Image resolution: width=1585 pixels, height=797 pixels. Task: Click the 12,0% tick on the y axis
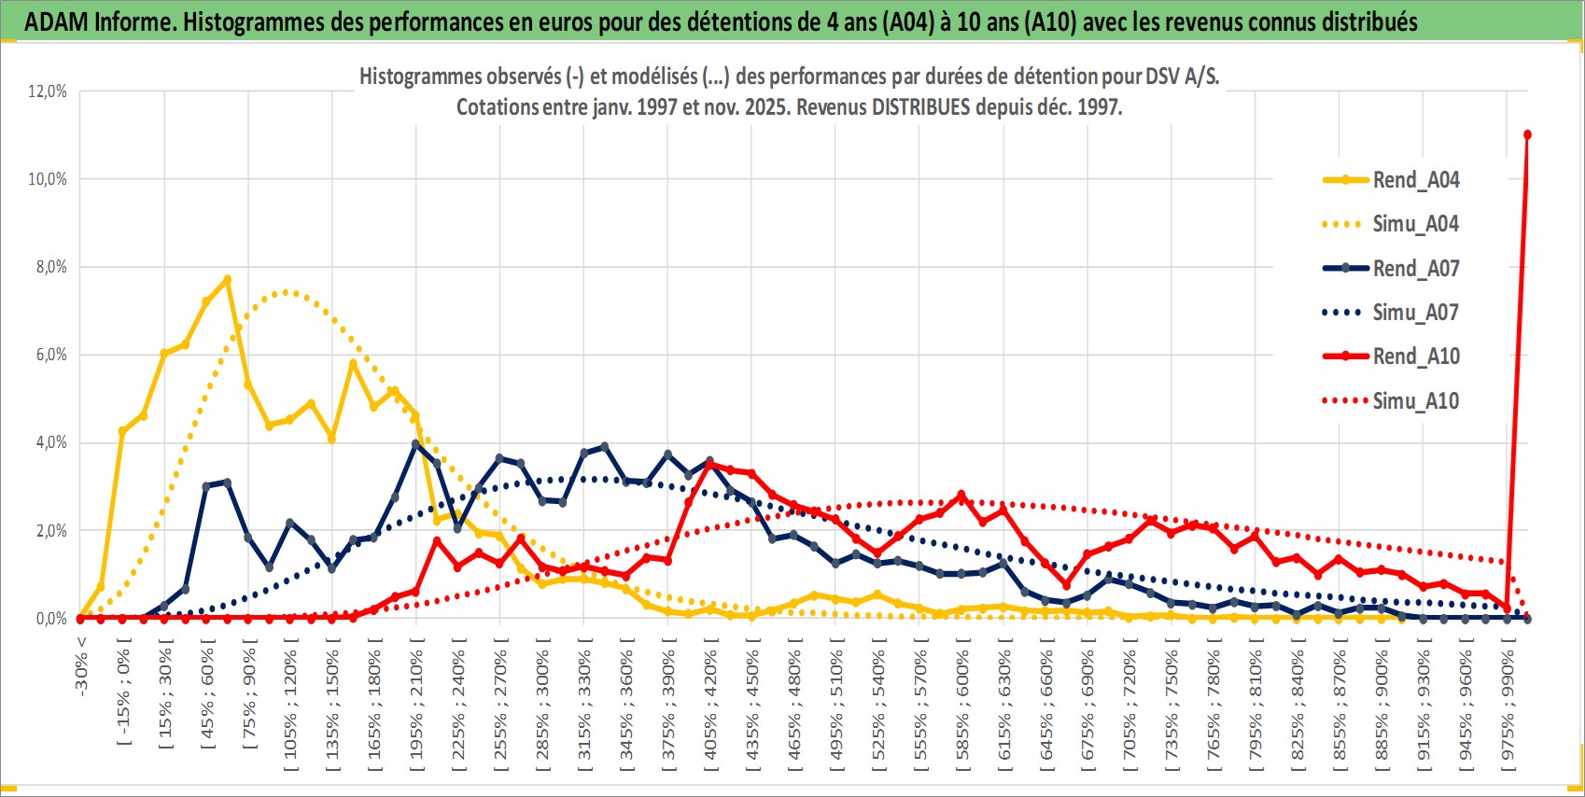(48, 91)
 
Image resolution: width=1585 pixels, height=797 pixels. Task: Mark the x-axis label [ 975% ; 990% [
(1508, 704)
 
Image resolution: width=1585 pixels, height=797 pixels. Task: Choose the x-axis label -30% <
(82, 666)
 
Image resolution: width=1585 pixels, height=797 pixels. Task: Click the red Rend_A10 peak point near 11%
(1527, 134)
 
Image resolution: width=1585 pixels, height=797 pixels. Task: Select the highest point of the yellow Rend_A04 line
(227, 279)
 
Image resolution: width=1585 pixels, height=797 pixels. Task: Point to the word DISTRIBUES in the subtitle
(920, 107)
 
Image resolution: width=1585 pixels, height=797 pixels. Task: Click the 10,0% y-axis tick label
(48, 179)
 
